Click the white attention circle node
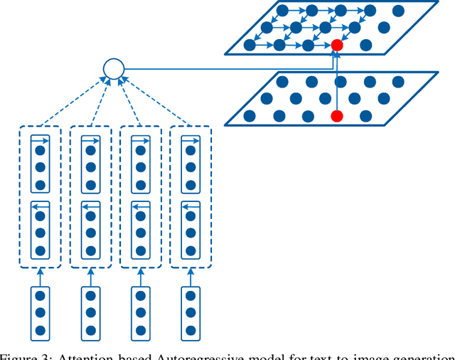(x=114, y=69)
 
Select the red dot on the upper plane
(x=337, y=45)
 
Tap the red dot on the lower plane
(x=337, y=115)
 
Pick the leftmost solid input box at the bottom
(x=41, y=312)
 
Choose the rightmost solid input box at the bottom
(x=190, y=312)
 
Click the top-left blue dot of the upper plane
(x=282, y=11)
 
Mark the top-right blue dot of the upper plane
(x=398, y=11)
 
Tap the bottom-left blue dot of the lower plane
(x=250, y=115)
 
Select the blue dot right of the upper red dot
(x=366, y=45)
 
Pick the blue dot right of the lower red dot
(x=366, y=115)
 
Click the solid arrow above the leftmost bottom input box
(x=41, y=277)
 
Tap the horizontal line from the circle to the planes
(x=227, y=69)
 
